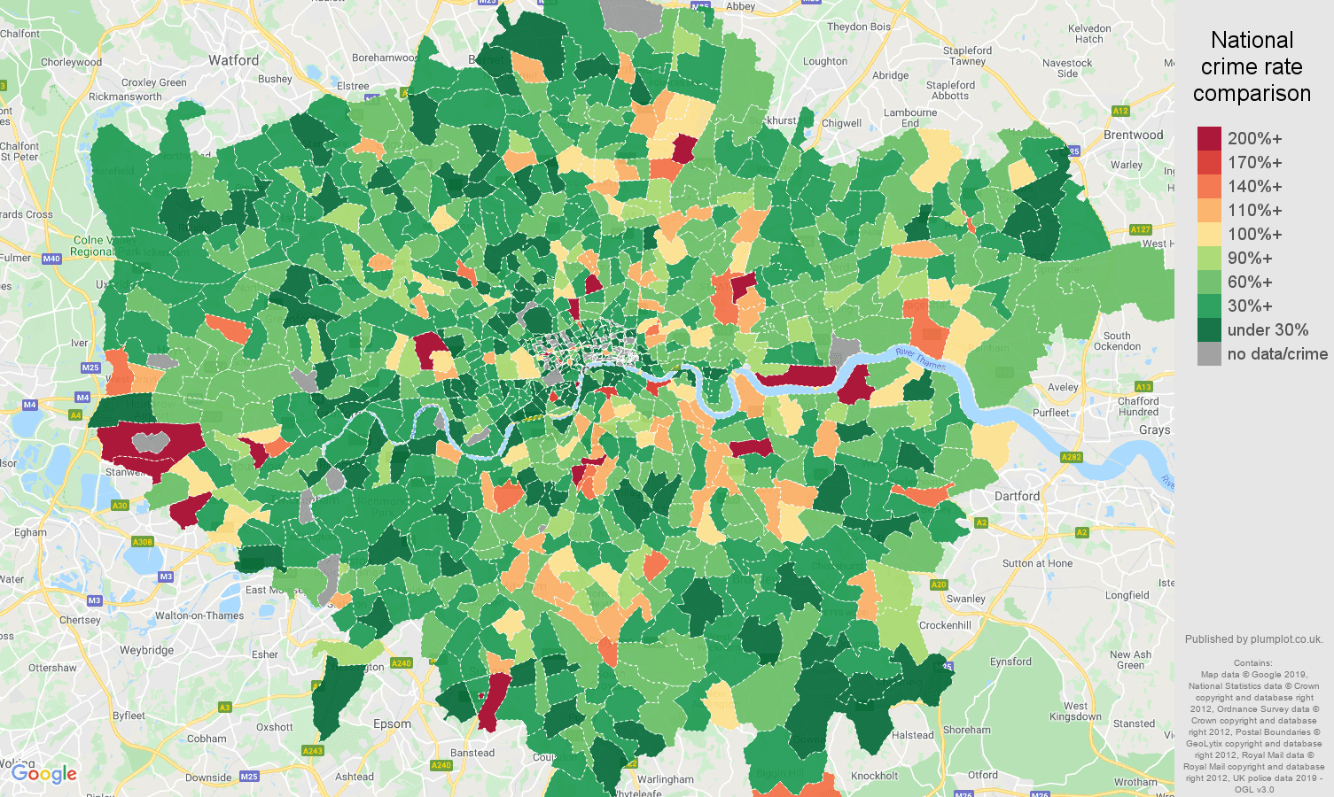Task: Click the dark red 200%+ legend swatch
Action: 1209,138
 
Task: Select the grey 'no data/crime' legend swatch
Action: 1209,354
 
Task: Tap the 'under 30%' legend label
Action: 1268,330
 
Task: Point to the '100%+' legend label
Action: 1254,235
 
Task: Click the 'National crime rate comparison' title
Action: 1252,66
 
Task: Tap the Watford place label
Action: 234,60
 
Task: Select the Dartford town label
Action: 1017,496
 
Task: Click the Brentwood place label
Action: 1133,135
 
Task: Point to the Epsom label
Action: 392,723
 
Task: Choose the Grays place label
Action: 1154,429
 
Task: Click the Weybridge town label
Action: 146,650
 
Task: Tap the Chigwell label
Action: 841,123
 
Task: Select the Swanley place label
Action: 965,599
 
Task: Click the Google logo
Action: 44,774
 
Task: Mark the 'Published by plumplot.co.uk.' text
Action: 1253,639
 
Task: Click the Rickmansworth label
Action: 125,97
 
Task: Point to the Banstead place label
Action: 472,753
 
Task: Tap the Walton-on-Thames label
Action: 199,615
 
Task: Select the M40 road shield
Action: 51,259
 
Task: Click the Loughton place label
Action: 824,61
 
